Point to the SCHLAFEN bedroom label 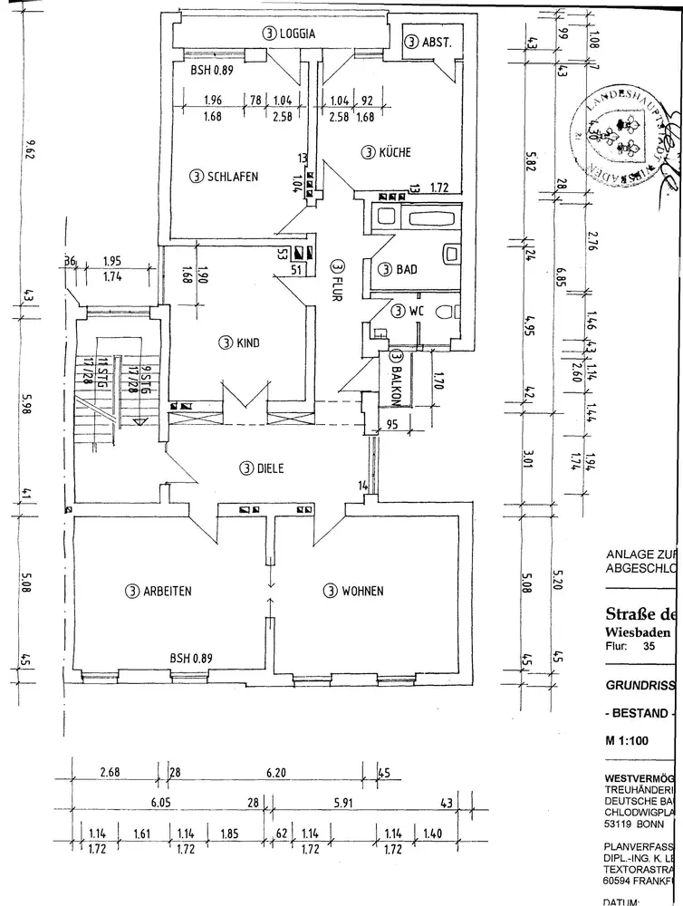click(231, 177)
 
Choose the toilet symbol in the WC click(445, 313)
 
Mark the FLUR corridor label click(337, 281)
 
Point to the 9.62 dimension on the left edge click(29, 148)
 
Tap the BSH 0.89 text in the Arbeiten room click(190, 658)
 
